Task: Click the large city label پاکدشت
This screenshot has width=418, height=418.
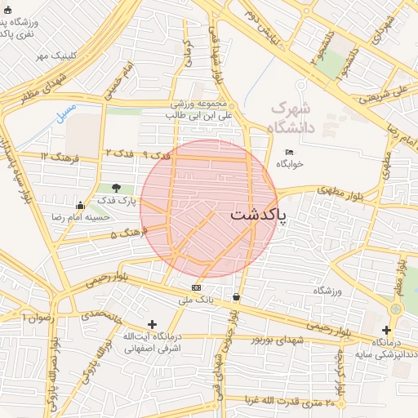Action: point(259,215)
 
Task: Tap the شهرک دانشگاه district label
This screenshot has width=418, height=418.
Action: point(291,117)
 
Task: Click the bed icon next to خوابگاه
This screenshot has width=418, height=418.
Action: point(289,152)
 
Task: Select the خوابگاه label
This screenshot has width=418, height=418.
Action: point(289,164)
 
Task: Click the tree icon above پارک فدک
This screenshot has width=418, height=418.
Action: point(117,188)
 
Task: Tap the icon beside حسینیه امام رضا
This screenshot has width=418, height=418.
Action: point(79,206)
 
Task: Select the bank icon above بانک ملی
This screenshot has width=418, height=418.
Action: point(196,288)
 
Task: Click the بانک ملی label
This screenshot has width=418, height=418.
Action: point(196,300)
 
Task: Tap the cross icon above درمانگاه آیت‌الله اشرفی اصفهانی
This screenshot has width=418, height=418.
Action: point(152,324)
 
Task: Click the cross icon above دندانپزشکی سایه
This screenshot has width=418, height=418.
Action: point(386,330)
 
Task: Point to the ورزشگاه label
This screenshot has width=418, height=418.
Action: point(327,291)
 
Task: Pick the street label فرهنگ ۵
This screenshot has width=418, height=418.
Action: point(129,234)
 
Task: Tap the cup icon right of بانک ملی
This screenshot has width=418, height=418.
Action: point(237,297)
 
